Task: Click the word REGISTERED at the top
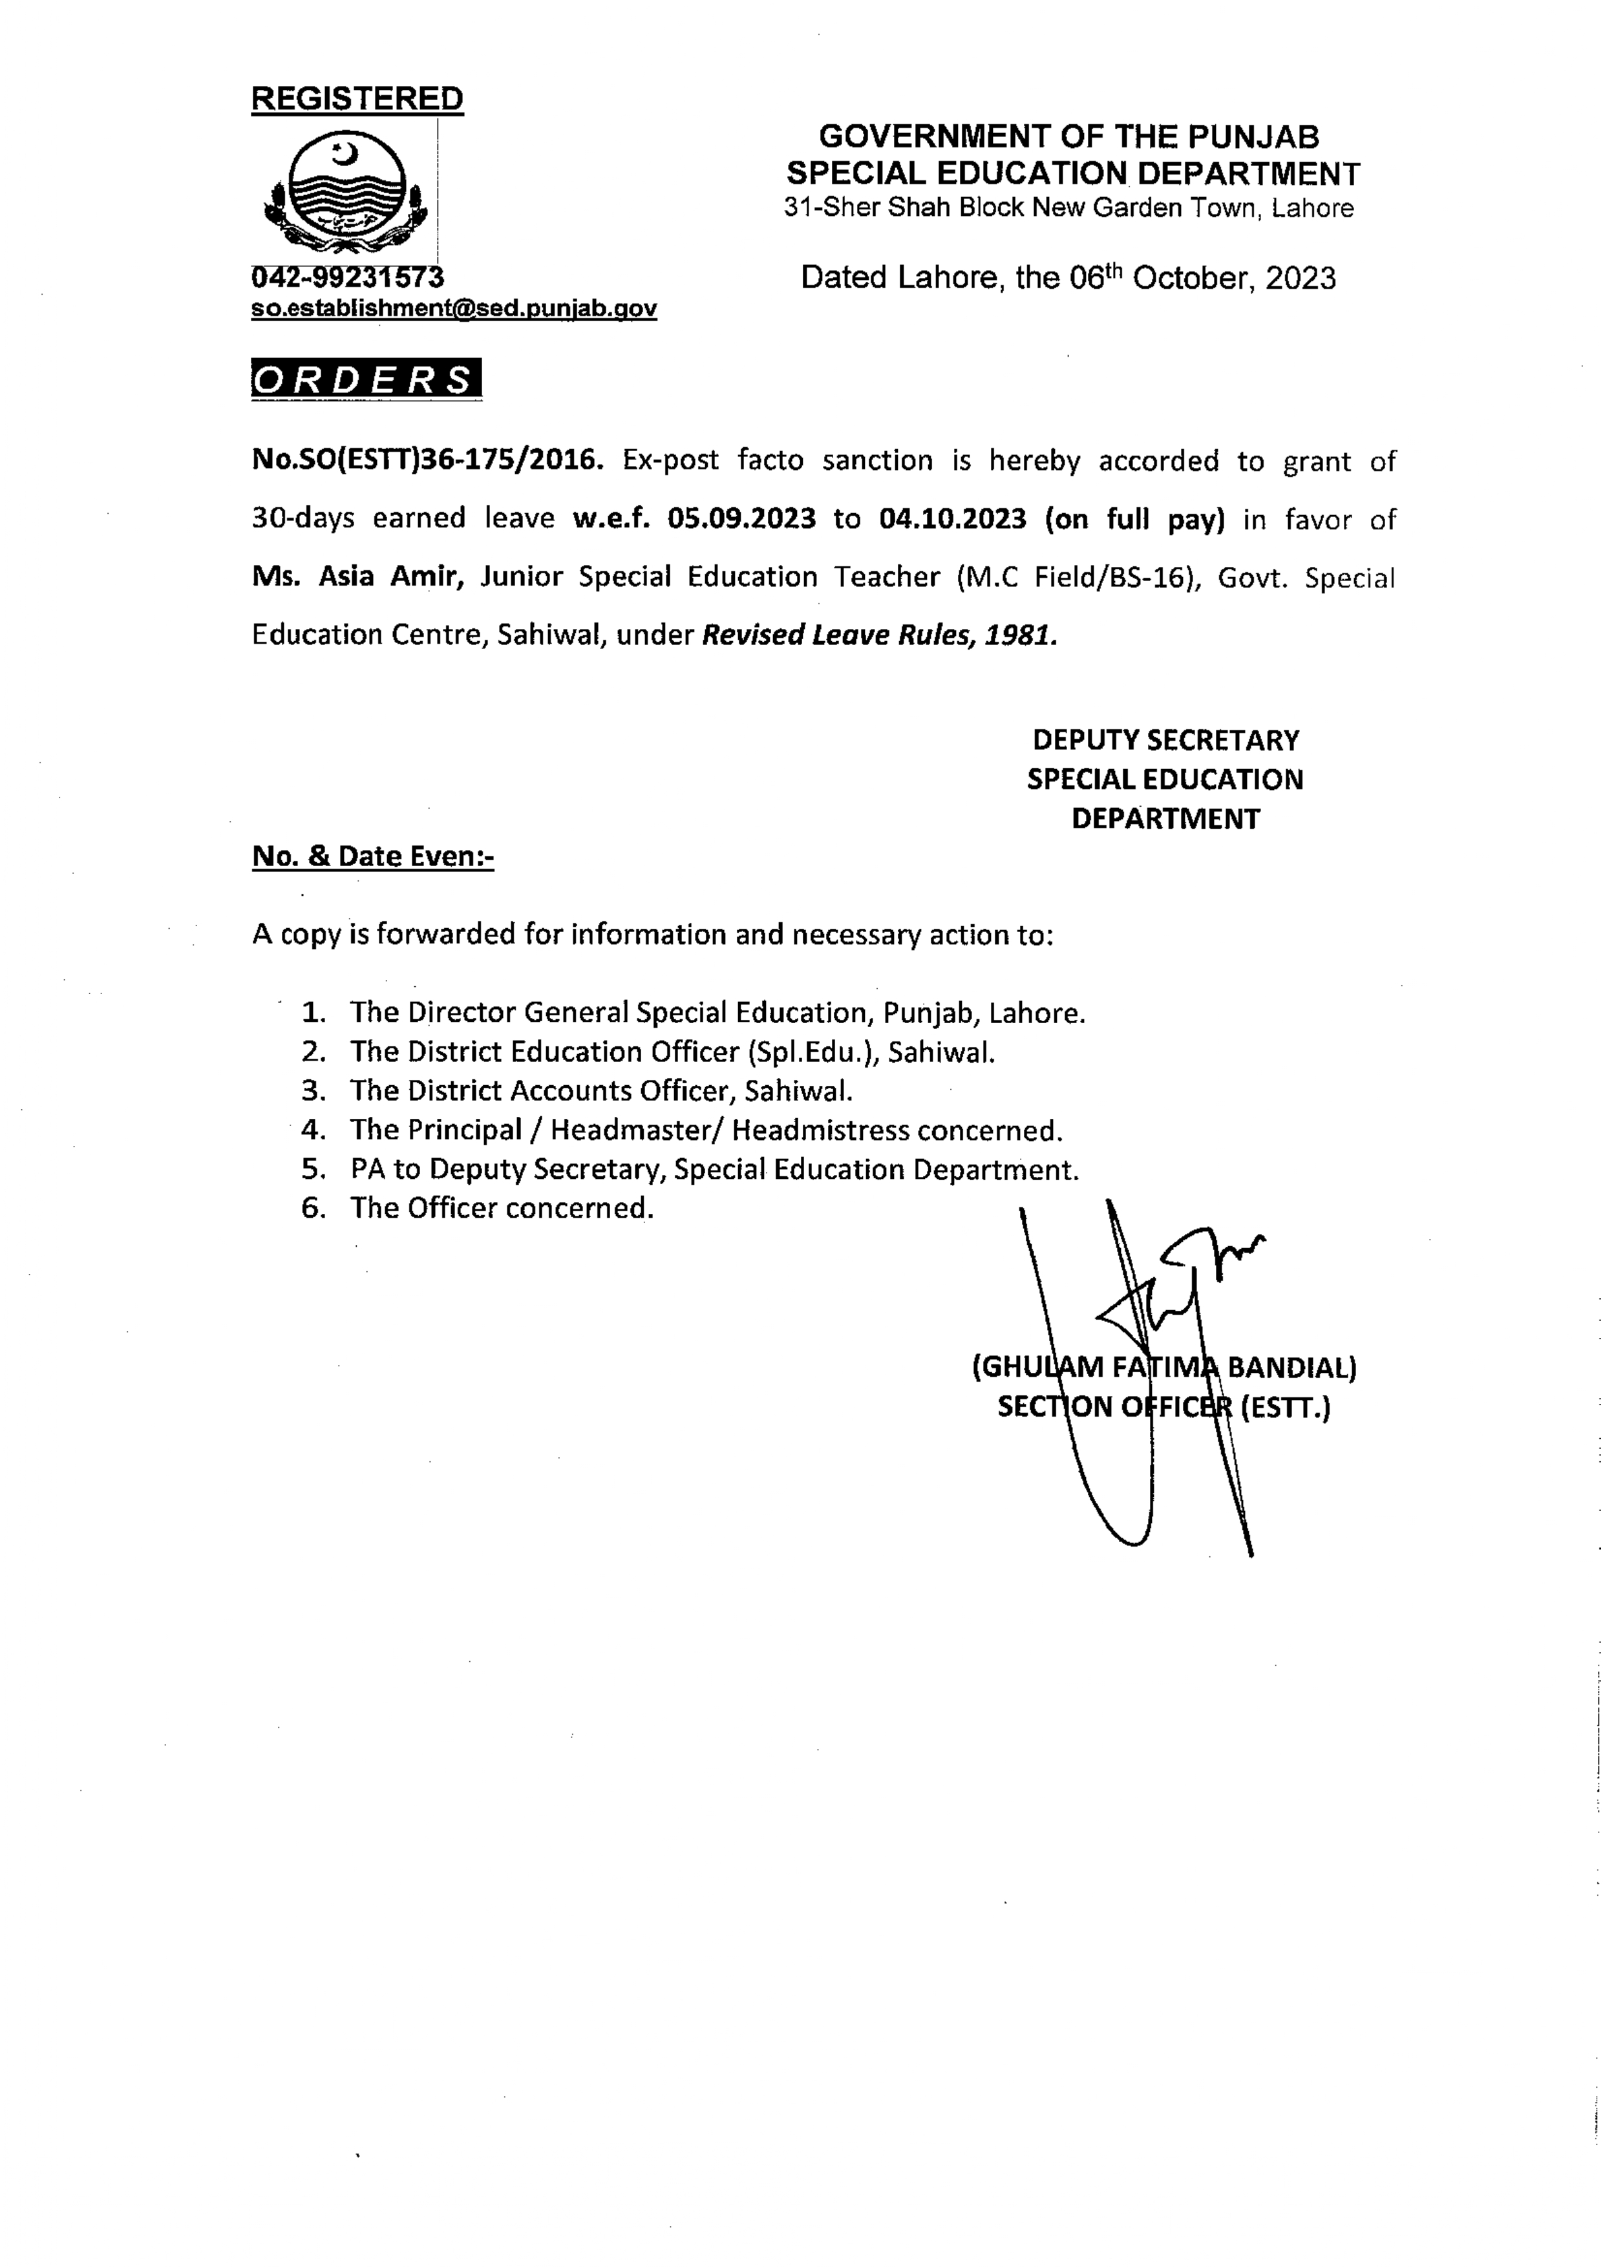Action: (x=357, y=99)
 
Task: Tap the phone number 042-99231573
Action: (x=348, y=277)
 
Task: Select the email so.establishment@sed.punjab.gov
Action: (x=453, y=308)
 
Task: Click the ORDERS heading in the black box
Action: (x=365, y=379)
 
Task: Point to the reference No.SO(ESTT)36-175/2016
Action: (x=427, y=460)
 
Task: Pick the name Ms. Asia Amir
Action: (x=357, y=576)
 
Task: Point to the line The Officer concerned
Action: (x=501, y=1208)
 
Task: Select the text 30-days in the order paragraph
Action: (x=303, y=518)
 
